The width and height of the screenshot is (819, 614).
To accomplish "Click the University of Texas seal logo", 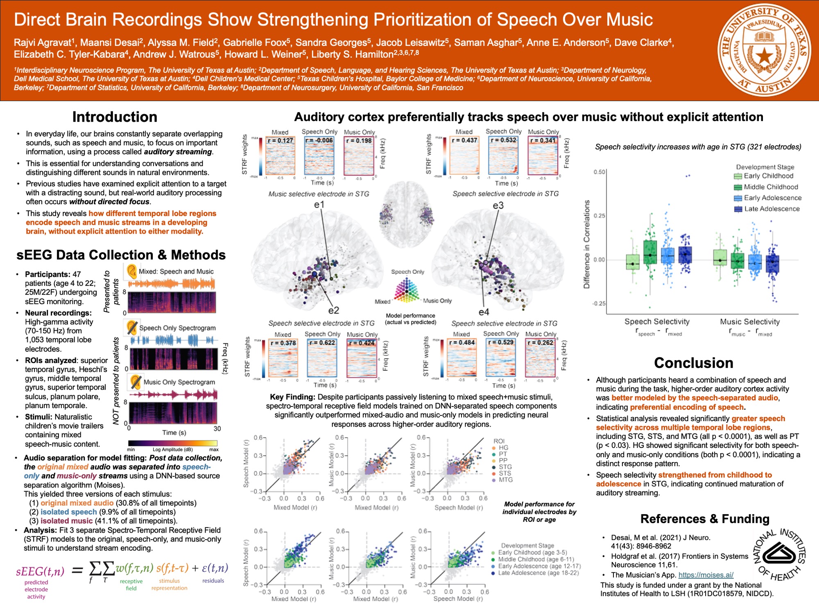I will pyautogui.click(x=764, y=51).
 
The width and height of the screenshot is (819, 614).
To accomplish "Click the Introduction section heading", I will pyautogui.click(x=115, y=117).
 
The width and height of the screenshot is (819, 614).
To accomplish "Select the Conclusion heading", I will pyautogui.click(x=693, y=363).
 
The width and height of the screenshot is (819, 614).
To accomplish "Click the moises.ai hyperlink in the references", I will pyautogui.click(x=706, y=575).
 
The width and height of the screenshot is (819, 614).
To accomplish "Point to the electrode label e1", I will pyautogui.click(x=319, y=205).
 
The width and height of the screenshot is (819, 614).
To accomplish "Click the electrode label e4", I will pyautogui.click(x=484, y=312).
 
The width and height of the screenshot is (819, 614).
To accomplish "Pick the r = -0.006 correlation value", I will pyautogui.click(x=319, y=140).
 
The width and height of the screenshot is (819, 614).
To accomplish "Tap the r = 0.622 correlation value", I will pyautogui.click(x=322, y=343).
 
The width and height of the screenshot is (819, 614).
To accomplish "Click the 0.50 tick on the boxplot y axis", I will pyautogui.click(x=599, y=172).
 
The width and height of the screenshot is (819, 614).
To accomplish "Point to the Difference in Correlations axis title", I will pyautogui.click(x=587, y=244).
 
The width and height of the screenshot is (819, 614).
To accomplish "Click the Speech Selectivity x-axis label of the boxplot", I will pyautogui.click(x=657, y=322).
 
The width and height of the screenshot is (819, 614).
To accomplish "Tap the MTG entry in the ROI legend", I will pyautogui.click(x=505, y=480).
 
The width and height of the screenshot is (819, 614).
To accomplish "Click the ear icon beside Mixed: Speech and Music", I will pyautogui.click(x=131, y=271).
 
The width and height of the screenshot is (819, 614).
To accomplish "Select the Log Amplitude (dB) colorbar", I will pyautogui.click(x=172, y=443).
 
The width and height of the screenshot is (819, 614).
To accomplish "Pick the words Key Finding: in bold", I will pyautogui.click(x=292, y=397).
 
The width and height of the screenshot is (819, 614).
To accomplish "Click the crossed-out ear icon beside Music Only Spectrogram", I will pyautogui.click(x=135, y=382).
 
